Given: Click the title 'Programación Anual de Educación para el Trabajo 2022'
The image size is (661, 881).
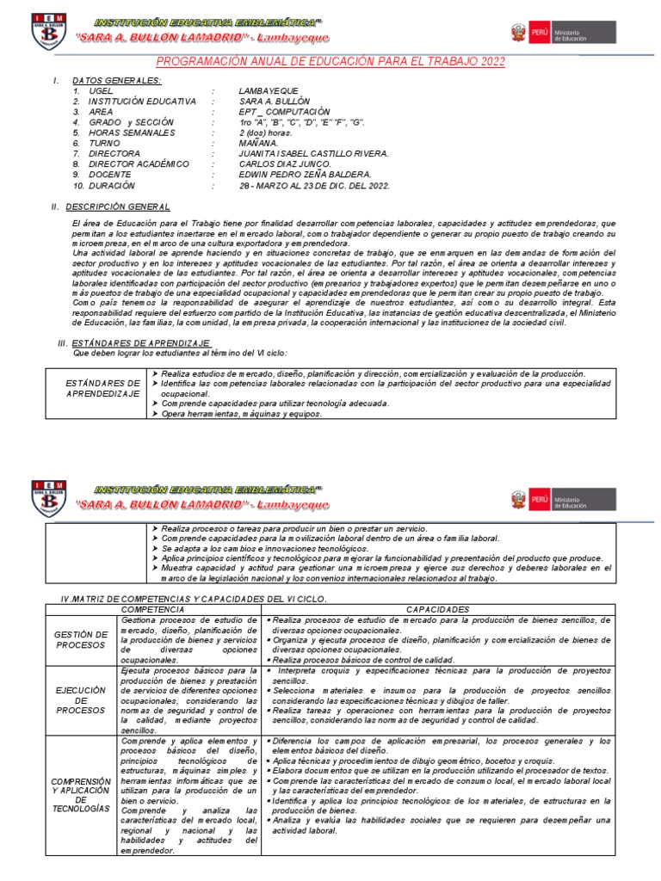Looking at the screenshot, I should tap(330, 62).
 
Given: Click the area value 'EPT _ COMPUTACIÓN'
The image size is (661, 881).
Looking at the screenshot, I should tap(284, 112).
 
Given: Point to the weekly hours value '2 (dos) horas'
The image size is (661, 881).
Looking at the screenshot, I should tap(266, 132).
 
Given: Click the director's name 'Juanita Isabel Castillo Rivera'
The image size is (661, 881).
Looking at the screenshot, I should tap(314, 154).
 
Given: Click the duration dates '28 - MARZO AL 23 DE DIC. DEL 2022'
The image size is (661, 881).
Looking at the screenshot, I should tap(315, 185).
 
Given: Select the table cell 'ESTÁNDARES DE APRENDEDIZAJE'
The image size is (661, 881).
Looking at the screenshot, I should tap(102, 387).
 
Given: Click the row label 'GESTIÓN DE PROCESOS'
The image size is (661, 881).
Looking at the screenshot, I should tap(80, 639).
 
